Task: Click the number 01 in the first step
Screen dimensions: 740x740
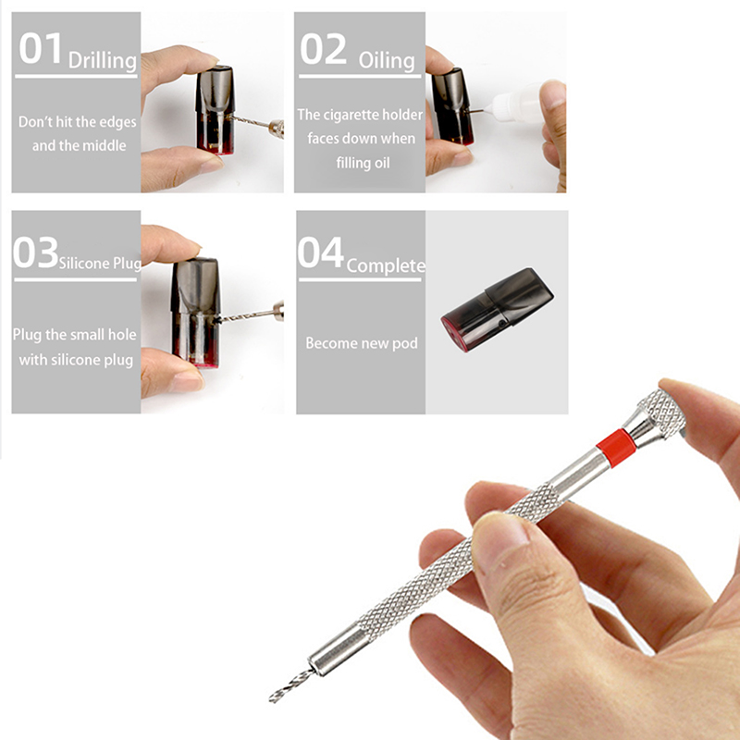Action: click(x=40, y=48)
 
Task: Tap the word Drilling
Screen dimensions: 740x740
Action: click(x=103, y=61)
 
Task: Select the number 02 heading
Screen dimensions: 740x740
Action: click(x=323, y=49)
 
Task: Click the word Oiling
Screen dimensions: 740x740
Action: click(x=387, y=61)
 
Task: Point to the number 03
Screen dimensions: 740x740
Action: click(x=36, y=253)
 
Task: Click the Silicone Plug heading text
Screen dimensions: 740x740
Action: click(x=100, y=264)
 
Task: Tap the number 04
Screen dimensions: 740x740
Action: click(x=321, y=253)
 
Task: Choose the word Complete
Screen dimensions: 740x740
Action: click(x=386, y=266)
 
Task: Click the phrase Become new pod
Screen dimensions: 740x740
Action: click(x=362, y=343)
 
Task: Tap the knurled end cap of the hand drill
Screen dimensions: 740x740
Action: click(x=661, y=413)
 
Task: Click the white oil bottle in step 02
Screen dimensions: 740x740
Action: click(x=518, y=104)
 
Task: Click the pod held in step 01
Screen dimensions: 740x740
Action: click(x=215, y=109)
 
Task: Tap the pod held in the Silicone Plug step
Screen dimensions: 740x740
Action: click(x=196, y=312)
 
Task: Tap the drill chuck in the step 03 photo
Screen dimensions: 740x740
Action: click(x=278, y=311)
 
